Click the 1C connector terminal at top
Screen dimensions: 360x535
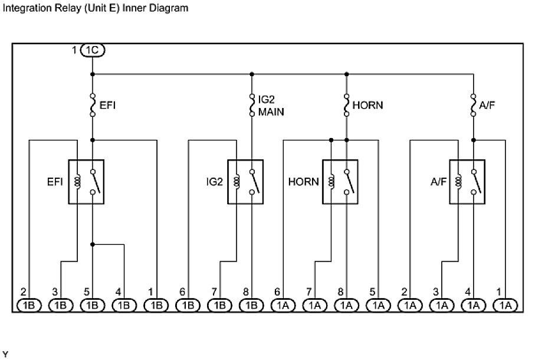(x=93, y=51)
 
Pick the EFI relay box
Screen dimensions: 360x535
(x=87, y=181)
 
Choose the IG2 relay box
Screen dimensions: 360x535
(x=245, y=181)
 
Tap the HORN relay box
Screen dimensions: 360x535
(x=340, y=181)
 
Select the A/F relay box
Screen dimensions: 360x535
(x=467, y=181)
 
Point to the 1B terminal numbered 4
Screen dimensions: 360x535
(x=124, y=305)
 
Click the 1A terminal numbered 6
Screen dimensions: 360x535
(x=283, y=305)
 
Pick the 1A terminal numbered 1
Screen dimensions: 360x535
(x=505, y=305)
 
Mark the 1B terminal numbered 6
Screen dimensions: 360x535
(x=188, y=305)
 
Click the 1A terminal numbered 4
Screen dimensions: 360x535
(x=473, y=305)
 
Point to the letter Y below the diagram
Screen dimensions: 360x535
(x=6, y=354)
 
